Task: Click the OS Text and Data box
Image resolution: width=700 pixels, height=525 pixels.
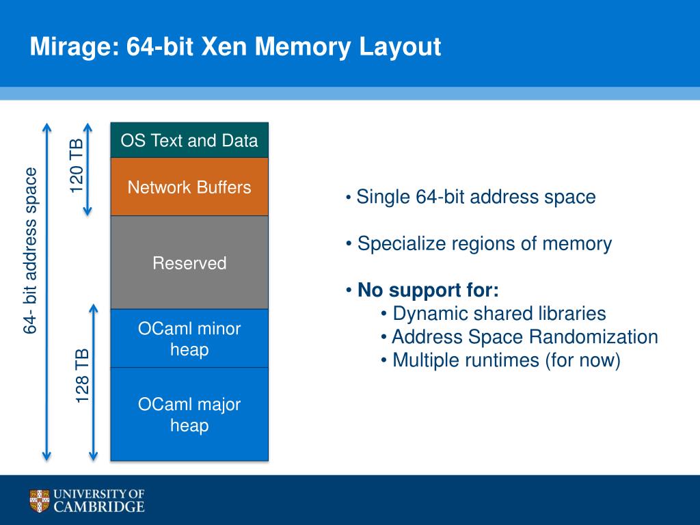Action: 189,140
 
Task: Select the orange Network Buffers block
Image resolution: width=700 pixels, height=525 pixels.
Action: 189,187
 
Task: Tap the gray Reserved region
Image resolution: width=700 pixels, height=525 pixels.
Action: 189,262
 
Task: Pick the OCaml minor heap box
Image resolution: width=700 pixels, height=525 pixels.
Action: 189,338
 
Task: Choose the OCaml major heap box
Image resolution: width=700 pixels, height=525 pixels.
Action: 189,414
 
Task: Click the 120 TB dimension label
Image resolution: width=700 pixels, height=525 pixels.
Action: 77,165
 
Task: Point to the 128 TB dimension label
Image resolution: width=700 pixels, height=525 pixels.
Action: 82,376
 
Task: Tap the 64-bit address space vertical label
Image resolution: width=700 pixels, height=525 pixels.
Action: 30,250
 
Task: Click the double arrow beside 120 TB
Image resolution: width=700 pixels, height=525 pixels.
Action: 87,170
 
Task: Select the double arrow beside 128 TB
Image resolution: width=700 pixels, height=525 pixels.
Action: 93,382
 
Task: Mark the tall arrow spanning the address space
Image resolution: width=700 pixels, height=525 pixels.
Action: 46,291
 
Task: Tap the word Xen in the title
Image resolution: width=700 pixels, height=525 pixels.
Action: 224,46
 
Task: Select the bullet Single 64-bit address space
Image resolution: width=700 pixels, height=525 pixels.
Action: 471,197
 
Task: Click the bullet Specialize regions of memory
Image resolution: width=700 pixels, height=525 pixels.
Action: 479,244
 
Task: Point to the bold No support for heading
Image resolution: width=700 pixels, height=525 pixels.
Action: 422,290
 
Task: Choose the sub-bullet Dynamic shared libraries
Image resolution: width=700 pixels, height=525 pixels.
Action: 494,313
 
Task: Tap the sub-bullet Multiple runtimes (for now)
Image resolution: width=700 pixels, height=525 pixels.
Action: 501,360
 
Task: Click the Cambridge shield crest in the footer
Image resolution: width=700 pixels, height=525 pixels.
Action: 39,500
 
